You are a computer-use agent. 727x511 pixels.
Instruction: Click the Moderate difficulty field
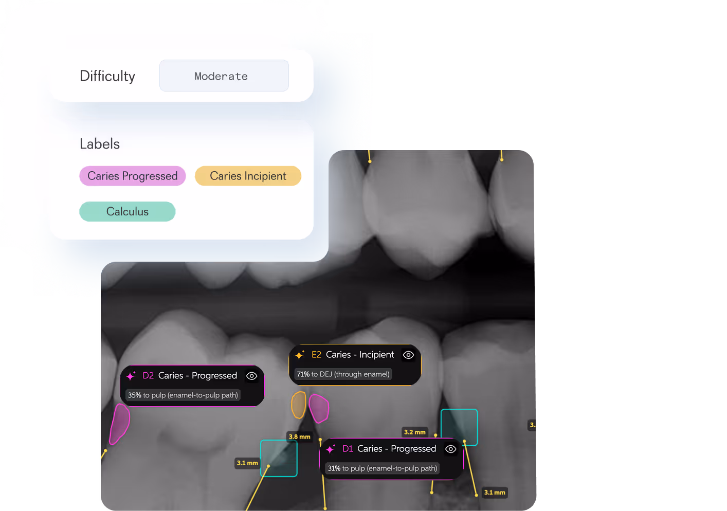coord(224,76)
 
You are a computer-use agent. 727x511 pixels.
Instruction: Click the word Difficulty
coord(107,76)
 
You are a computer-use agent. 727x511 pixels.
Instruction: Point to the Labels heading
coord(99,144)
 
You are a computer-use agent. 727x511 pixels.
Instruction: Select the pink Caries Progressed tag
coord(132,176)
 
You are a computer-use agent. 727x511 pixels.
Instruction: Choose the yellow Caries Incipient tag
coord(248,176)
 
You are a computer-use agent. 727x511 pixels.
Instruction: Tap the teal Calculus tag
coord(127,211)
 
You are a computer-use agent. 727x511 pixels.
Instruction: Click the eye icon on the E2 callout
coord(408,355)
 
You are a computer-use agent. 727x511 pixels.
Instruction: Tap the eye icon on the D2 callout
coord(251,376)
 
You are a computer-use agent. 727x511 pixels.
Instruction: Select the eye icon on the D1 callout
coord(450,449)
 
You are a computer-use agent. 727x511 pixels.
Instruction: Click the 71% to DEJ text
coord(343,374)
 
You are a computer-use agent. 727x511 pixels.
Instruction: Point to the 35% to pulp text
coord(183,395)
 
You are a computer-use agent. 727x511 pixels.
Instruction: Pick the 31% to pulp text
coord(382,468)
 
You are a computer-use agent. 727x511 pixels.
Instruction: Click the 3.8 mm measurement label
coord(299,437)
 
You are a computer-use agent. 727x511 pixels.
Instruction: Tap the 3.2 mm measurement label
coord(414,432)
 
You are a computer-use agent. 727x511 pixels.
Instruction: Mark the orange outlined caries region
coord(298,405)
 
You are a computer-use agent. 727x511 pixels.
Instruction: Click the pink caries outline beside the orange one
coord(319,408)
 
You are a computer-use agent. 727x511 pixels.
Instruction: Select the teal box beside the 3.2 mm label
coord(459,427)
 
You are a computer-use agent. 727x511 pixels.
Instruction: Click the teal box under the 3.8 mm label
coord(279,458)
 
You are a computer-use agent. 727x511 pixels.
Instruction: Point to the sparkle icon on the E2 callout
coord(300,355)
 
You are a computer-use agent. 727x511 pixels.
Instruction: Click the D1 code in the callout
coord(348,449)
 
